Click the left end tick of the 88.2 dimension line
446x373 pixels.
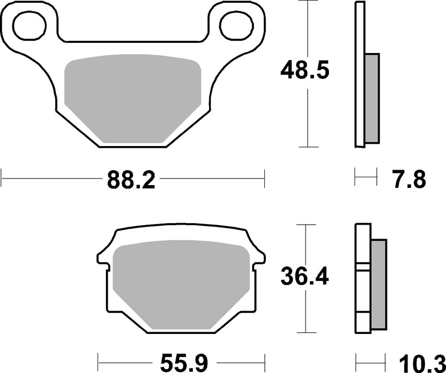point(2,180)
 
